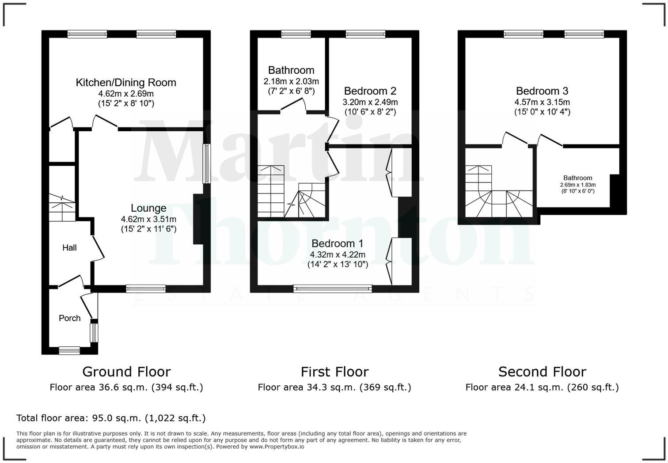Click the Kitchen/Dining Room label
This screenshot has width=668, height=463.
pos(126,83)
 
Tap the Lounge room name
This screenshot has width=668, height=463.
pos(148,208)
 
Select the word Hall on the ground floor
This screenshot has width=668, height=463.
pos(69,248)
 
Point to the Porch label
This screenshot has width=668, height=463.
pos(70,318)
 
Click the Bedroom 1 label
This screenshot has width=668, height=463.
pos(338,243)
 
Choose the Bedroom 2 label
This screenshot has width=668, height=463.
pos(370,91)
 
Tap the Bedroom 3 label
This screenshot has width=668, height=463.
pos(542,91)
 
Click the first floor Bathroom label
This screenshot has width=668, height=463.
pos(291,70)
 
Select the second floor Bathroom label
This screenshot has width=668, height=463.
pos(577,178)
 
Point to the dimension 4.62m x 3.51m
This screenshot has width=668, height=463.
pos(148,219)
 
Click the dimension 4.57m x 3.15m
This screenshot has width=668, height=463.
pos(542,102)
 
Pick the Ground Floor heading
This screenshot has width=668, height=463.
pos(126,372)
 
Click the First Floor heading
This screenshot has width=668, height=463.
pos(334,372)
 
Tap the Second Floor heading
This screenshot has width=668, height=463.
pos(542,372)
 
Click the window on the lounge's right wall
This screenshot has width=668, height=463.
pos(206,163)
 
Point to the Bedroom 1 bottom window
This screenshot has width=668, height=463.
pos(333,289)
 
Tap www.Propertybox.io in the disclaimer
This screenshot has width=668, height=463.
pos(277,447)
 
